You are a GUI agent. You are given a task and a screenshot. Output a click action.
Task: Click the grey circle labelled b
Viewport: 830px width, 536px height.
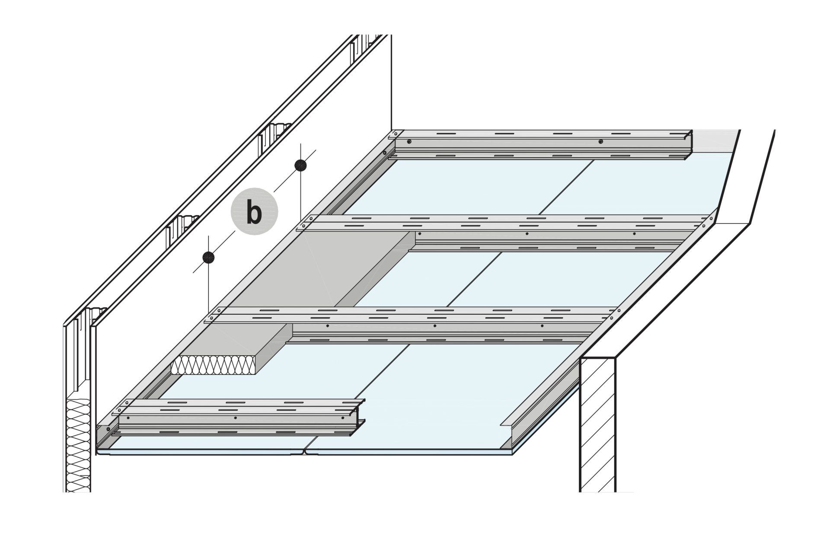[x=255, y=212]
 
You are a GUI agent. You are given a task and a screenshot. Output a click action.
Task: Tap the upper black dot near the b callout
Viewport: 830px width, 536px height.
[x=300, y=165]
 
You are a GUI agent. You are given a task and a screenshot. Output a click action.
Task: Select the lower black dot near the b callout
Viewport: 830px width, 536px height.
[x=208, y=257]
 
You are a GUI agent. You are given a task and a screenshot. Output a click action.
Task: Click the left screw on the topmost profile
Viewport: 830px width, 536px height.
[x=409, y=141]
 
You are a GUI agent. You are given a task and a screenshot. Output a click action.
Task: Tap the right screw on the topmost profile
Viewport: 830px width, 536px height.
[x=600, y=141]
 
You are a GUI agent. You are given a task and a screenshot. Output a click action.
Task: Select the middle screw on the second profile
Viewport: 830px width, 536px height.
[x=527, y=234]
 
